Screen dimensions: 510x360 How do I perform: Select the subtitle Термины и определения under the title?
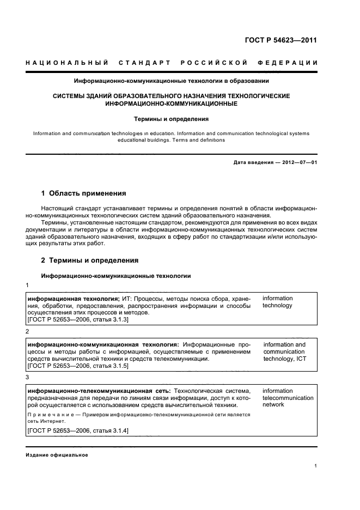[x=172, y=118]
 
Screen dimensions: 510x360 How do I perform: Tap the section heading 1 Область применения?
[x=84, y=193]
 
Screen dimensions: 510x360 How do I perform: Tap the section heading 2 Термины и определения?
[x=90, y=260]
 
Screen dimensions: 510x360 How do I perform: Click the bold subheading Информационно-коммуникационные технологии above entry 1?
[x=116, y=276]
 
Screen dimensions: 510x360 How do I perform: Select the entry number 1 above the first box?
[x=28, y=286]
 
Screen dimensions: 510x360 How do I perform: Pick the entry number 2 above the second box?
[x=28, y=331]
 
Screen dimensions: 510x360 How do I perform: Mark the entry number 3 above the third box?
[x=28, y=377]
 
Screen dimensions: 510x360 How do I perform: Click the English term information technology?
[x=277, y=302]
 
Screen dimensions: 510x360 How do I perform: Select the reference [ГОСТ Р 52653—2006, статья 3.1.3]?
[x=77, y=320]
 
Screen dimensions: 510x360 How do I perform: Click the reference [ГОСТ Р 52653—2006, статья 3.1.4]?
[x=77, y=431]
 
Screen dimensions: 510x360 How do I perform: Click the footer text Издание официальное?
[x=57, y=455]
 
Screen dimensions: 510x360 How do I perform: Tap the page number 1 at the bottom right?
[x=316, y=466]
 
